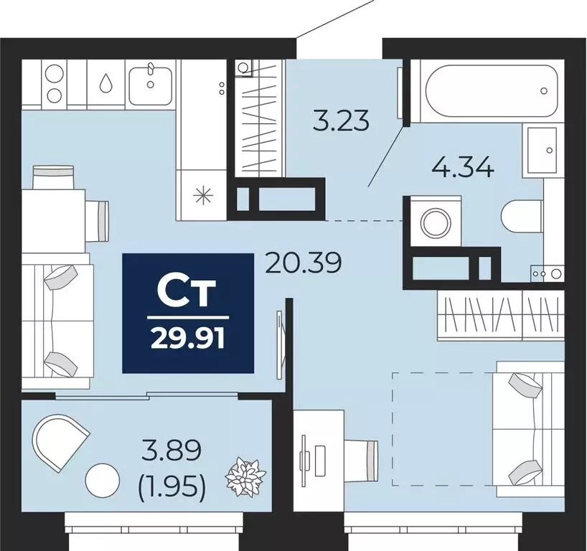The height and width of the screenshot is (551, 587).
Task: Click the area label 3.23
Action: (x=342, y=119)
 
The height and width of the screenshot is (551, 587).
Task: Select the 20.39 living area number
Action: (x=302, y=264)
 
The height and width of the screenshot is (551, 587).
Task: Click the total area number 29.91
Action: (x=187, y=337)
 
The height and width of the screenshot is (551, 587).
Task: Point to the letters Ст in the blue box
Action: (x=187, y=292)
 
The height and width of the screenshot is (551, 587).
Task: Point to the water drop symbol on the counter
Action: (x=107, y=83)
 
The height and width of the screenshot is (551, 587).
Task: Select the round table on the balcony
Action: (x=102, y=480)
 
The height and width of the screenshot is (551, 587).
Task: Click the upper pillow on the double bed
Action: (x=524, y=387)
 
